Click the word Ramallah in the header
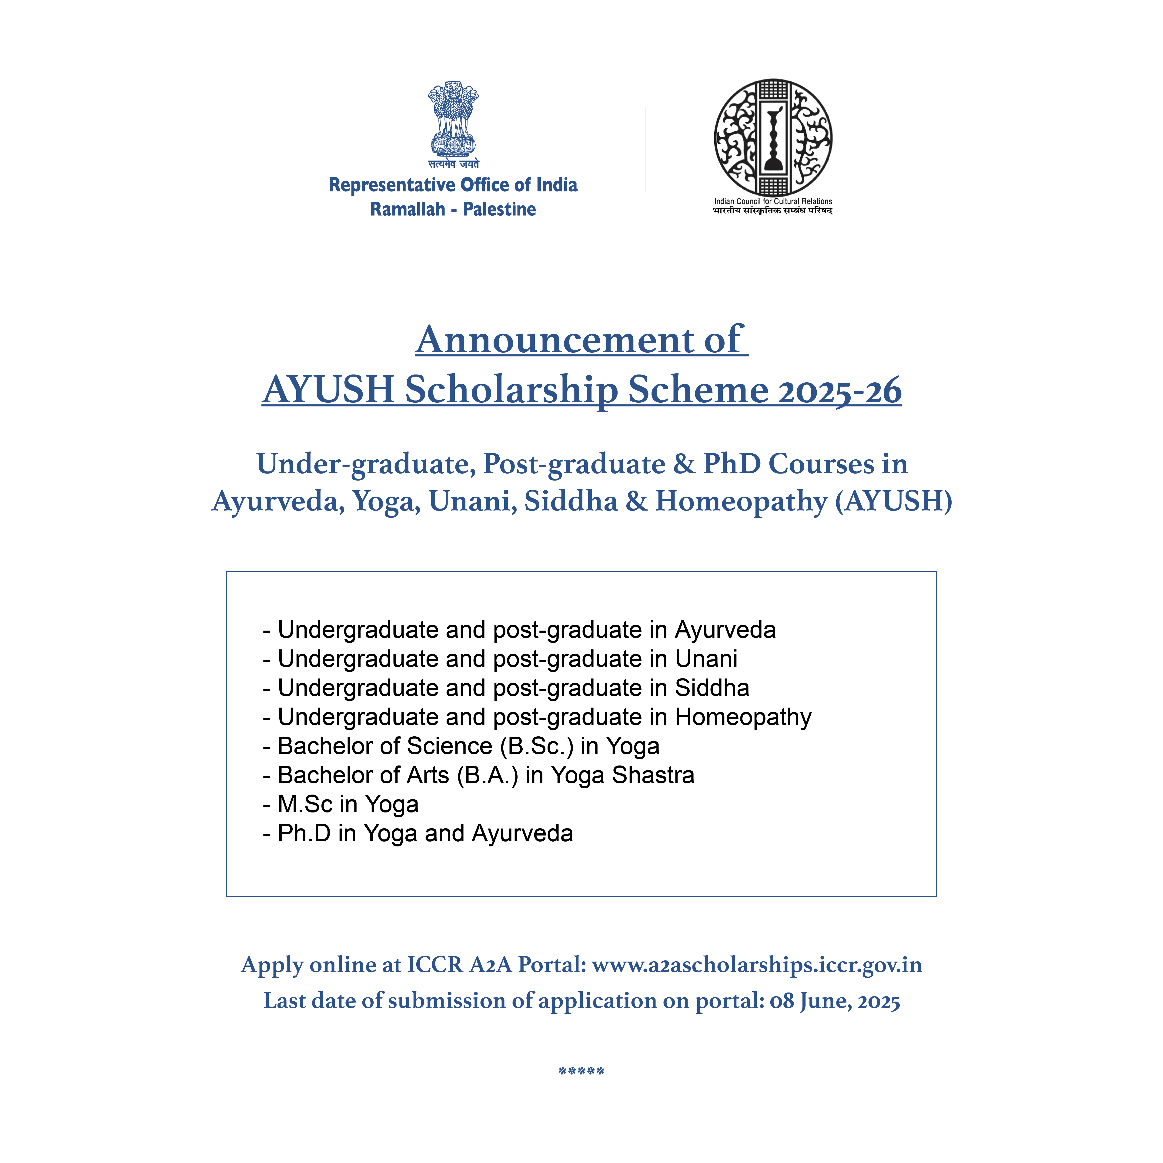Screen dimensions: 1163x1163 pyautogui.click(x=408, y=210)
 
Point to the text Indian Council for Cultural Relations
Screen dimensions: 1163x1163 pyautogui.click(x=773, y=201)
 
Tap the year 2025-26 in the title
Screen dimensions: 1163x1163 pyautogui.click(x=840, y=390)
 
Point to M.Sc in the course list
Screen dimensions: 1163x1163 pyautogui.click(x=305, y=804)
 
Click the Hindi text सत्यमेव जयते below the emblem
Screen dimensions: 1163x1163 pyautogui.click(x=453, y=164)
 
